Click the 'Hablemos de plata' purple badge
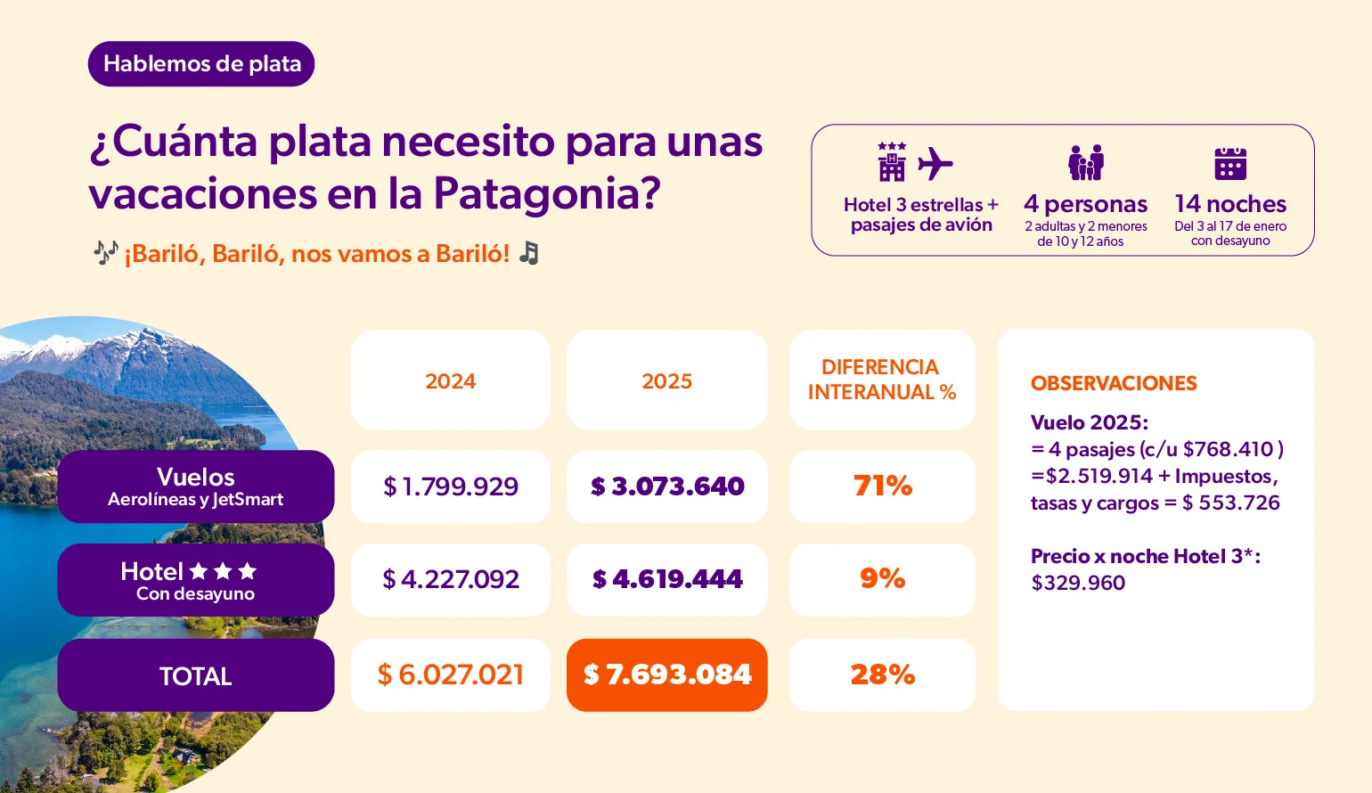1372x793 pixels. tap(201, 64)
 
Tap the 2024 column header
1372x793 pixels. tap(450, 381)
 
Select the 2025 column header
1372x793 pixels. tap(666, 381)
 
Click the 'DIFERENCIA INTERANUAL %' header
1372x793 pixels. tap(881, 380)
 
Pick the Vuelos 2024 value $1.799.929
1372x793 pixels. tap(450, 486)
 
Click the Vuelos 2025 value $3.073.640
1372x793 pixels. tap(666, 486)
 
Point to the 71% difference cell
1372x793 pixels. tap(882, 486)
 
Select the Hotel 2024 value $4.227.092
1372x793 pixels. tap(450, 580)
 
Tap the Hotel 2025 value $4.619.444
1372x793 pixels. tap(666, 580)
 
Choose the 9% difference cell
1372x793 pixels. tap(882, 579)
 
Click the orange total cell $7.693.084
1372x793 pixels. tap(666, 675)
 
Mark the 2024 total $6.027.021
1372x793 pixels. tap(450, 675)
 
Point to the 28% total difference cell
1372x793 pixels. tap(882, 675)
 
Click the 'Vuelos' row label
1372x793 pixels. tap(196, 486)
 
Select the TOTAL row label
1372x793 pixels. tap(196, 676)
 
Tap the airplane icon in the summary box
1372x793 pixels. tap(935, 164)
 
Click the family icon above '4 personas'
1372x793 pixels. tap(1085, 163)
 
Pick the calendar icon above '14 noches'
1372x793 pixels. tap(1230, 164)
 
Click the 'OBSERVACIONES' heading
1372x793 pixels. tap(1114, 384)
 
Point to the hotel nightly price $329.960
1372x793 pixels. tap(1078, 584)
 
